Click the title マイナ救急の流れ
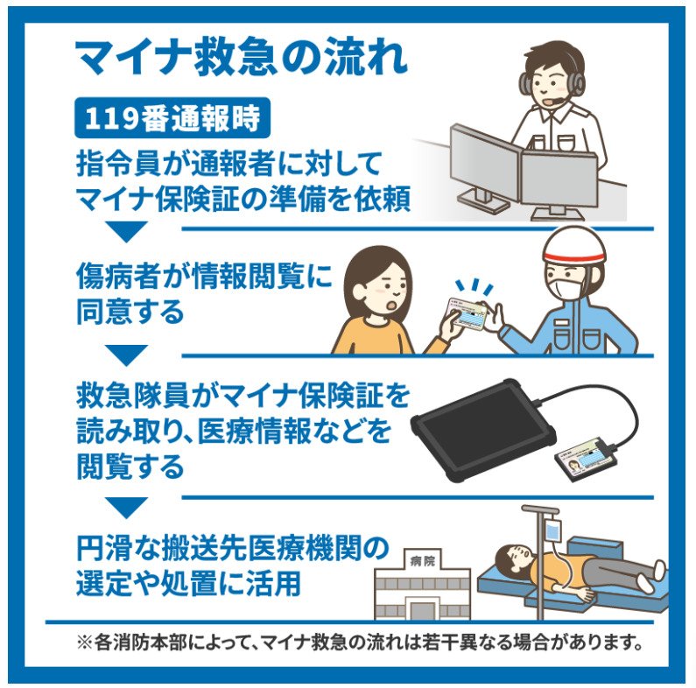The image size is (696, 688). [241, 59]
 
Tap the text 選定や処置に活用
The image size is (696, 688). [189, 583]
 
